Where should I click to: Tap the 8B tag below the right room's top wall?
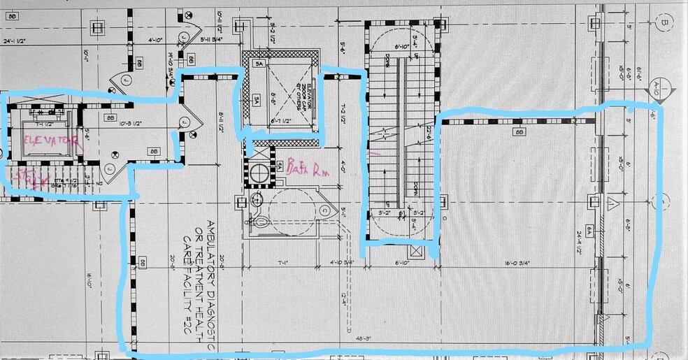click(519, 131)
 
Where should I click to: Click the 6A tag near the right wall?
click(590, 229)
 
